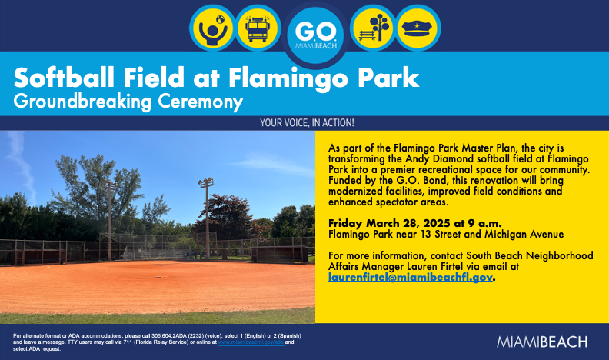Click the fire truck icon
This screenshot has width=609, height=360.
point(256,29)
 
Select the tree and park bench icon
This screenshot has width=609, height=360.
point(372,29)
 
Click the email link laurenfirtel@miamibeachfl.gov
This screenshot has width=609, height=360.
point(410,277)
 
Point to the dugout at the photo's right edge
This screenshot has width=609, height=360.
point(281,253)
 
